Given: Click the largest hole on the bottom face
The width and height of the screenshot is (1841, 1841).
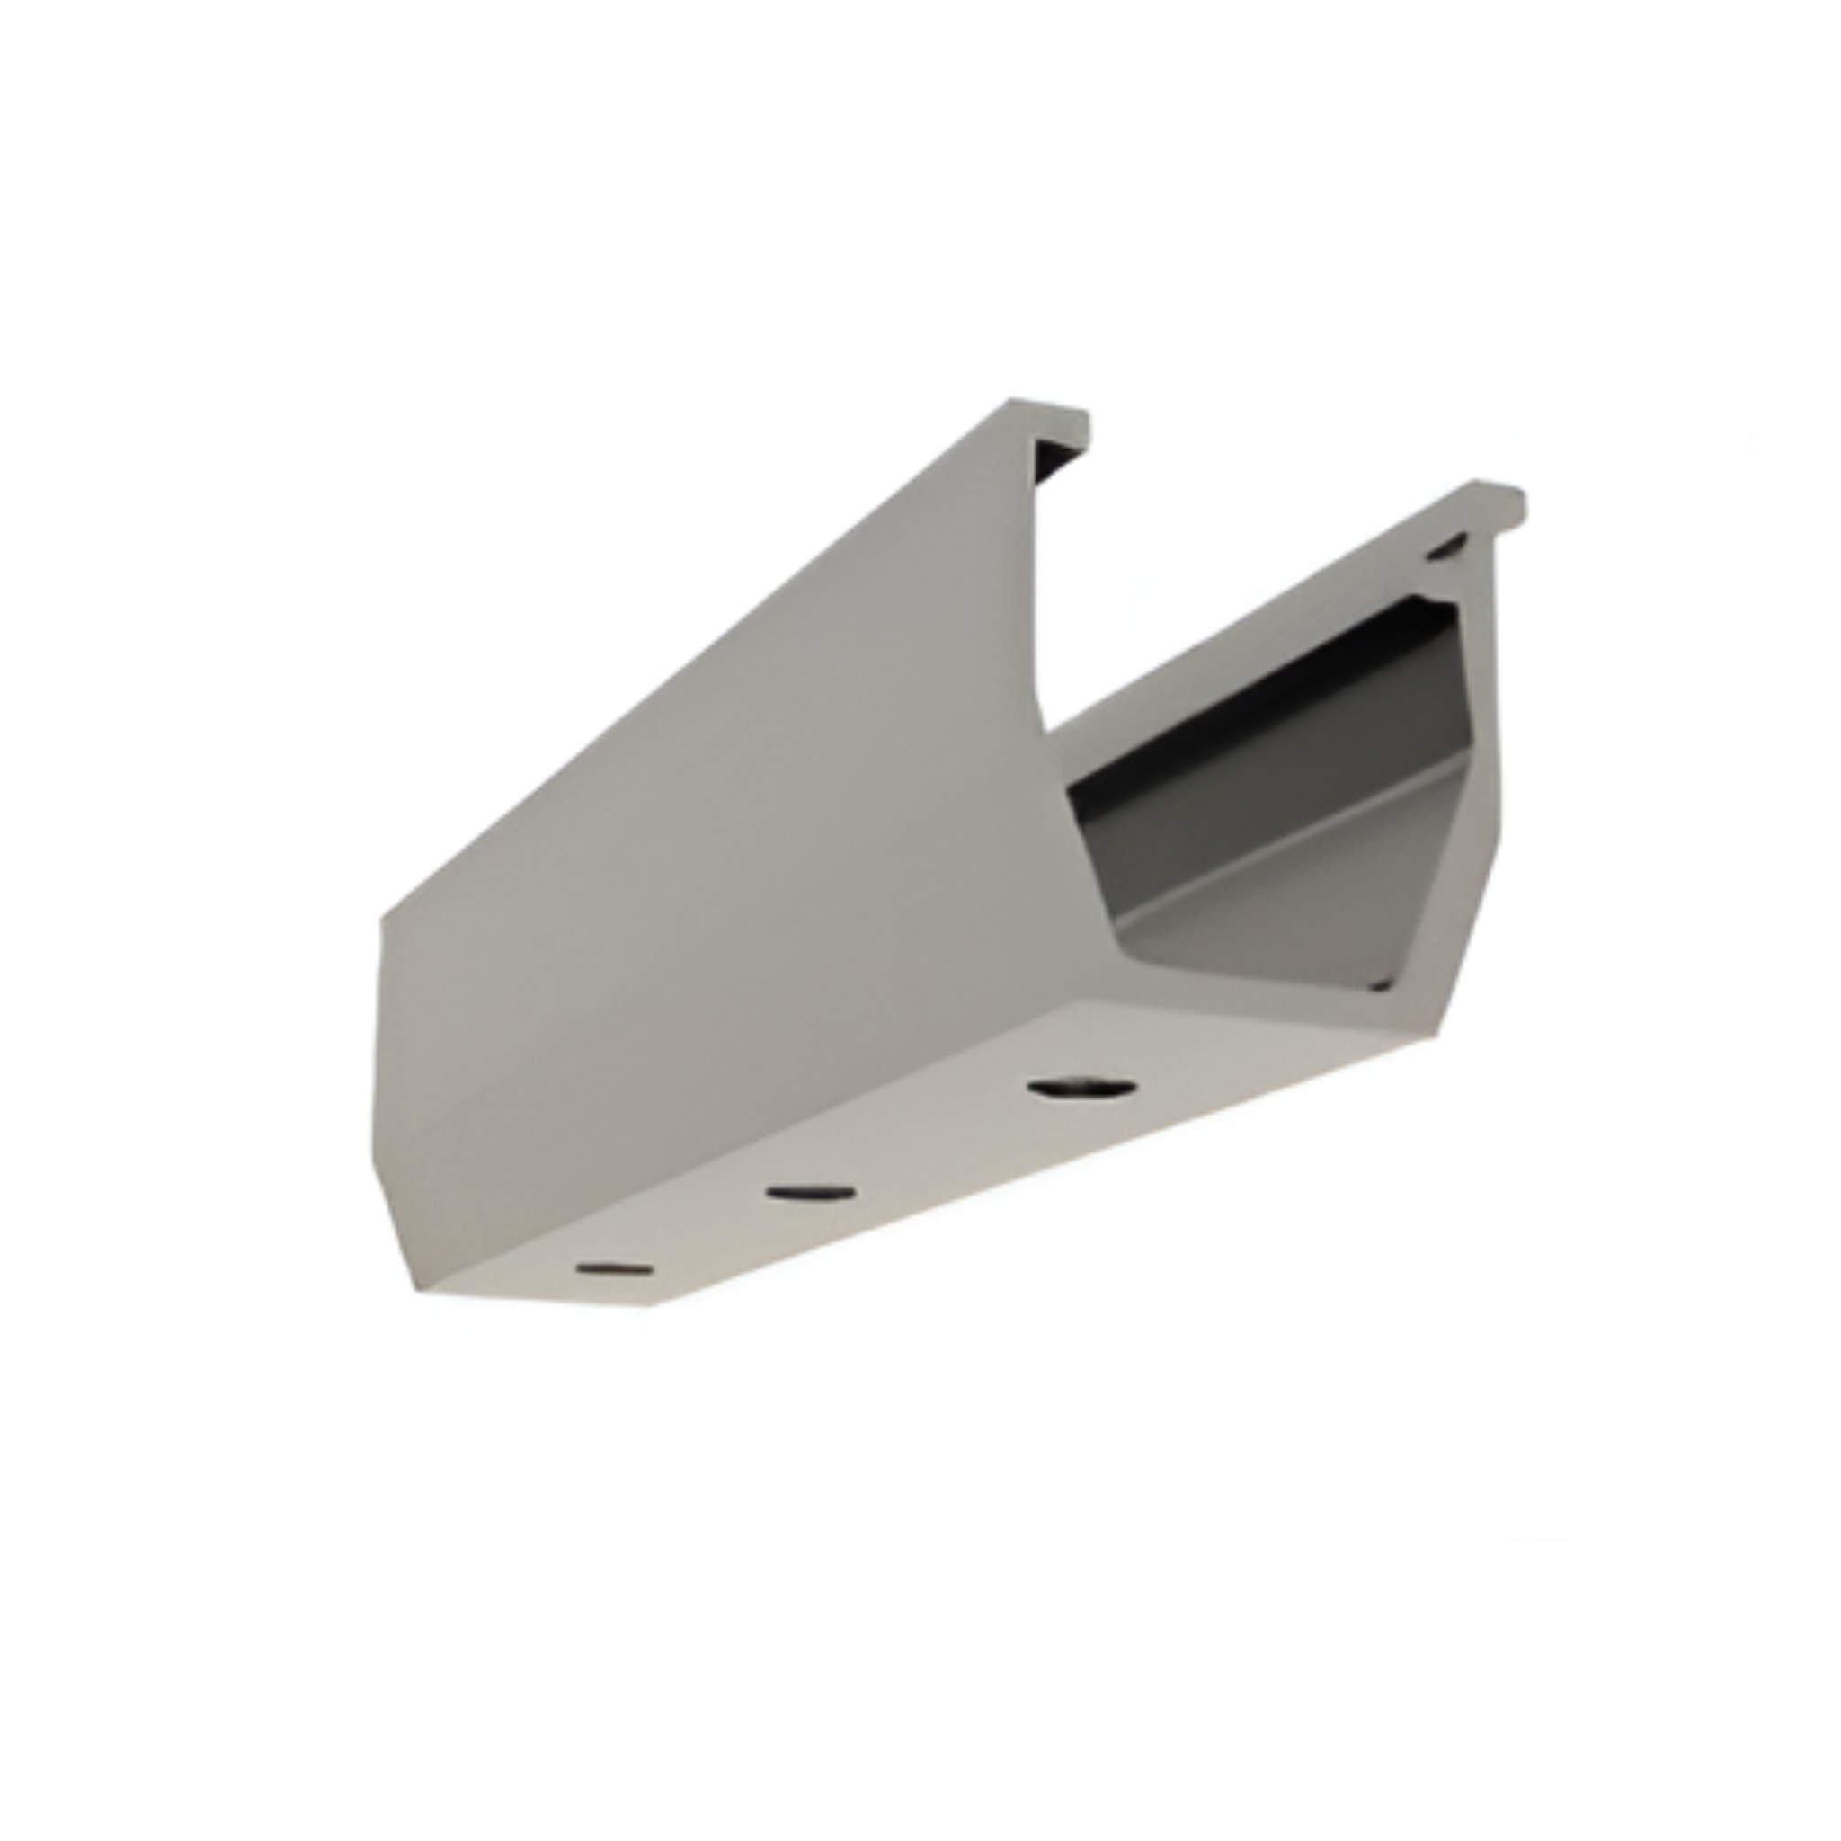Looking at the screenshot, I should click(x=1082, y=1088).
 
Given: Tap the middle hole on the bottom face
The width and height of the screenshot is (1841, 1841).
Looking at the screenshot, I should click(x=810, y=1192).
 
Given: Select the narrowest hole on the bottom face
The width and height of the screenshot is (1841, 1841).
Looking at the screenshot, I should click(x=616, y=1269).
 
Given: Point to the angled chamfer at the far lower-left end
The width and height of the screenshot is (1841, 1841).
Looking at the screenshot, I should click(x=396, y=1229).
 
